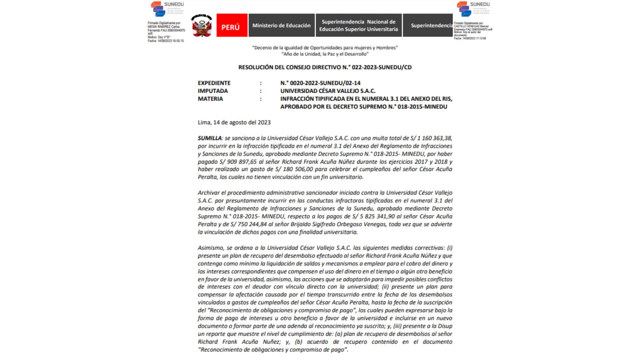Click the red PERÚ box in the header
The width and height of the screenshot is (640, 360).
(232, 25)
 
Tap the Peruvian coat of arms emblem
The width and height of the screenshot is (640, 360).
(202, 25)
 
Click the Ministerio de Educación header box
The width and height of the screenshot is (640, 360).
(281, 25)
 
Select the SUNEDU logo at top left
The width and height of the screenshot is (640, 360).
(167, 9)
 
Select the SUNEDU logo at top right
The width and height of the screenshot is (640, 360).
(473, 9)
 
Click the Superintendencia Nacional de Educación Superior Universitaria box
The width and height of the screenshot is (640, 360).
(358, 25)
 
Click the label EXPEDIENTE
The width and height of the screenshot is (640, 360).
(214, 83)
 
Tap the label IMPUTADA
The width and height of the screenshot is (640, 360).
(213, 91)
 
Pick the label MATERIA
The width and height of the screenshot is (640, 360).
(210, 99)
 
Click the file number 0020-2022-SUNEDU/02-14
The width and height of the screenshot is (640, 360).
(320, 83)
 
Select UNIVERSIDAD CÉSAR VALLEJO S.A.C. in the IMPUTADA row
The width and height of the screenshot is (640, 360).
(328, 91)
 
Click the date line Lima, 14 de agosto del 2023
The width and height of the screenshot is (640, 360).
(234, 122)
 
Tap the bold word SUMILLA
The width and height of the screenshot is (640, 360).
(210, 138)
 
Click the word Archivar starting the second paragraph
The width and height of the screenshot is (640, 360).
(209, 193)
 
